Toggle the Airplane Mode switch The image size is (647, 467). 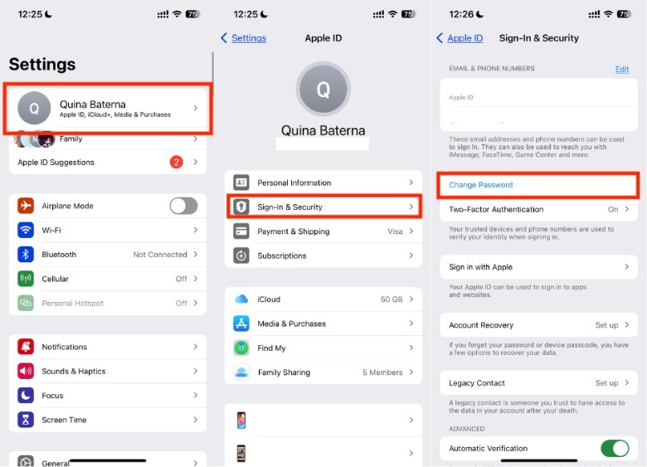(183, 206)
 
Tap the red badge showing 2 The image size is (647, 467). (176, 162)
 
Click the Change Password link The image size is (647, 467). (481, 185)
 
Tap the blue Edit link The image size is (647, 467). (622, 70)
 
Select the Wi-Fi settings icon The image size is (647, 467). (26, 231)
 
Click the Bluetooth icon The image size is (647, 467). (26, 255)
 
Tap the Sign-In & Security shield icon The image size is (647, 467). (241, 207)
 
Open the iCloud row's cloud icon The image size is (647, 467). (241, 299)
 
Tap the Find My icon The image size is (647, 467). (241, 348)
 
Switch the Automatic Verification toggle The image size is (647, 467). (615, 449)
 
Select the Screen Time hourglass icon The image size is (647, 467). (26, 420)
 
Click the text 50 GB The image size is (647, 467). (392, 299)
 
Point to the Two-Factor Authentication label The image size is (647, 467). (496, 209)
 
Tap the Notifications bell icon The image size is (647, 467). (26, 347)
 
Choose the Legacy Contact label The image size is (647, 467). (477, 383)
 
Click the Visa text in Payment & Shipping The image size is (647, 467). (395, 231)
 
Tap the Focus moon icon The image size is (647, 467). (26, 395)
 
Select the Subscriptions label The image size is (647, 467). (282, 255)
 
